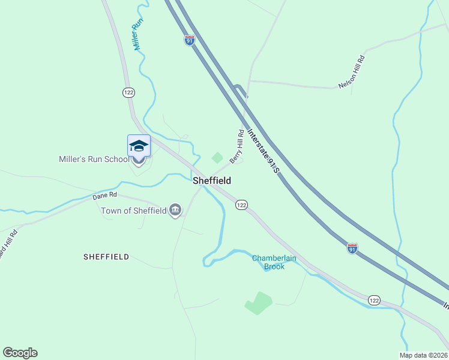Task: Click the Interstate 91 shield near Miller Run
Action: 190,40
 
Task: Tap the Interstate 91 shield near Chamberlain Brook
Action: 352,248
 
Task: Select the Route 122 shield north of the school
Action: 128,92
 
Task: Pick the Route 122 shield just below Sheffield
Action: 241,205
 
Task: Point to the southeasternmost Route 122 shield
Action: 374,300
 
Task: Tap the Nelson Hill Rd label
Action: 352,72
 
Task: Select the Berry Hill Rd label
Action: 237,146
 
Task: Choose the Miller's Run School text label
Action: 94,159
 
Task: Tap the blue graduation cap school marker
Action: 139,147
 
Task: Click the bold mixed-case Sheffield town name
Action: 212,180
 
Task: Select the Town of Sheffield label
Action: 133,210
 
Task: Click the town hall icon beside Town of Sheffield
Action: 175,210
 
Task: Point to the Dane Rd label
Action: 104,196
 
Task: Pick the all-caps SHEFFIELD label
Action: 106,256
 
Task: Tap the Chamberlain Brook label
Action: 274,262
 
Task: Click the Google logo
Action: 20,353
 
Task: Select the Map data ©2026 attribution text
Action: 423,355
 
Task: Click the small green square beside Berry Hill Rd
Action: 217,158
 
